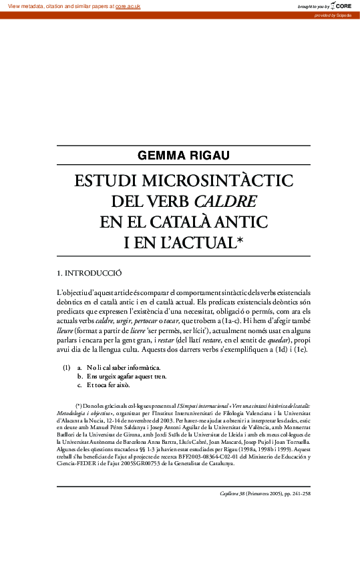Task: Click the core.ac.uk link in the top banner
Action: pos(128,6)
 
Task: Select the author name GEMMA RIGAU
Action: pos(183,156)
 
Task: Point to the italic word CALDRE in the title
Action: pos(225,202)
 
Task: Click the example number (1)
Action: pos(67,368)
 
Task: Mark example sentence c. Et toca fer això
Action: pos(108,385)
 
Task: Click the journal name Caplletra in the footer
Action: pos(231,494)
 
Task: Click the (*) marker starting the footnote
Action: pos(79,405)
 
